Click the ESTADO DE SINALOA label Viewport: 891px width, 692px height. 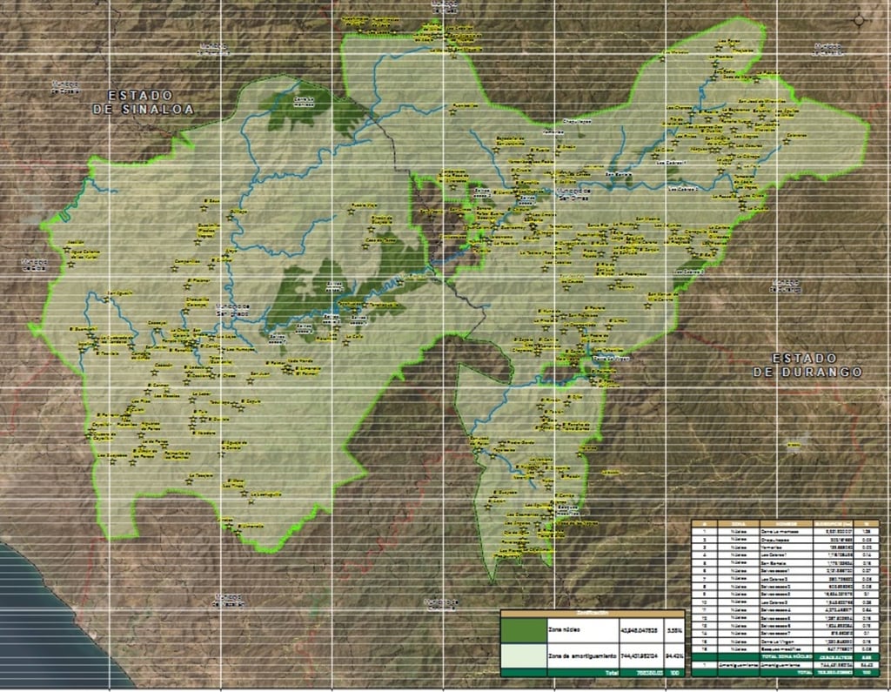[144, 101]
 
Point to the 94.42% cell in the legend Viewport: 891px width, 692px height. [673, 655]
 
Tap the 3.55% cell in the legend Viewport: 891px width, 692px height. [673, 628]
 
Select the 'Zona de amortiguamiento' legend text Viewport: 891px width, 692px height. [582, 655]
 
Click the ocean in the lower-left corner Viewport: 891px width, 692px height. [44, 627]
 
